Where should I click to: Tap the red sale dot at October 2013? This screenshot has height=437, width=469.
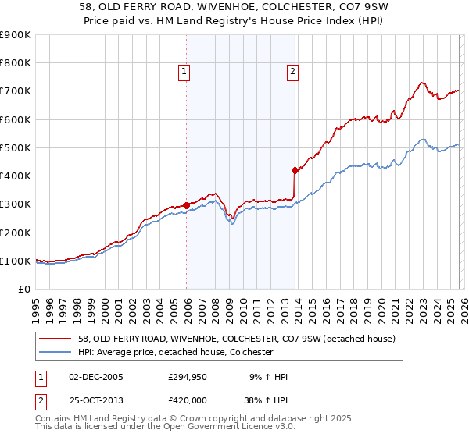point(295,170)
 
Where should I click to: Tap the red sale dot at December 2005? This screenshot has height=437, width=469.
point(187,206)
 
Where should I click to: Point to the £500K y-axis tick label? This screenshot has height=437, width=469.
point(15,147)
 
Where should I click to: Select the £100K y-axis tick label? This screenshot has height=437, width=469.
point(15,261)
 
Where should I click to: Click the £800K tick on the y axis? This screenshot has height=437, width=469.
point(15,63)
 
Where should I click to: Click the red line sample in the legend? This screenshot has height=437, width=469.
point(55,339)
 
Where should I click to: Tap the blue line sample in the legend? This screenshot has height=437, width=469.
point(55,352)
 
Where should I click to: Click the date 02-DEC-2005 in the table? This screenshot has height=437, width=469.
point(96,377)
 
